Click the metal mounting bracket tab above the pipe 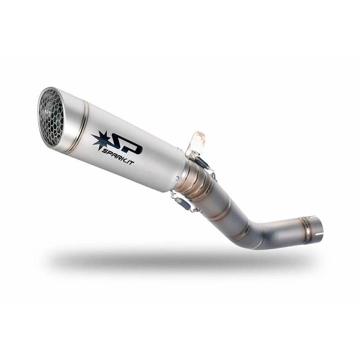(197, 142)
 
